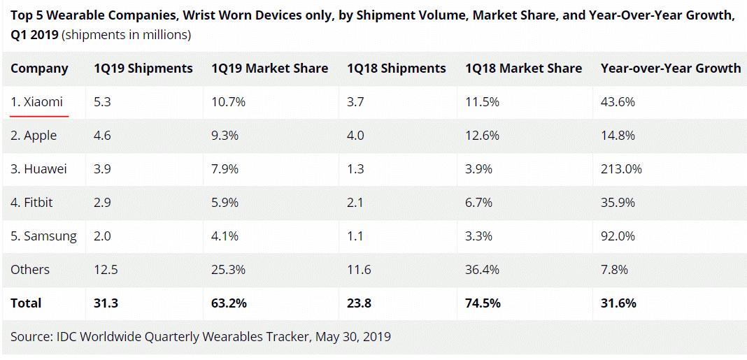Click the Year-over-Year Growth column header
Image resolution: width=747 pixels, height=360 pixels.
pos(670,68)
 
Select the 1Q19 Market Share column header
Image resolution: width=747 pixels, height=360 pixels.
pos(269,68)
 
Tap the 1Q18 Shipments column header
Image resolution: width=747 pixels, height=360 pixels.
pos(396,68)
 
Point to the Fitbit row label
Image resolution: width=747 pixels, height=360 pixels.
pos(31,202)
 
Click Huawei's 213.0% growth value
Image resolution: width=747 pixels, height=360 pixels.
pos(621,168)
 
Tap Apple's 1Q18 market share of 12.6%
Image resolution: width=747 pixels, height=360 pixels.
pos(482,135)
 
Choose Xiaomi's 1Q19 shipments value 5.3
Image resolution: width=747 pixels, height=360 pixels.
pos(102,101)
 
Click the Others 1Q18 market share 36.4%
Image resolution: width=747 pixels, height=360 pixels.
pos(482,269)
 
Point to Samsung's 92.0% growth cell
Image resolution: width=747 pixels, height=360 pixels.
pos(618,236)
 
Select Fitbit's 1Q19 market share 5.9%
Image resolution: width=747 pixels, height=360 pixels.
pos(225,202)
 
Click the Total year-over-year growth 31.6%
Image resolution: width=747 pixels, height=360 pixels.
pos(618,303)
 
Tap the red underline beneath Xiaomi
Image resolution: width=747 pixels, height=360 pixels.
pos(39,114)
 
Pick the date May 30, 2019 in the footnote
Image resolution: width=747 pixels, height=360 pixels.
pos(353,336)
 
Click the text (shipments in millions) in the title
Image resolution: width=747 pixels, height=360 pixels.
pos(126,34)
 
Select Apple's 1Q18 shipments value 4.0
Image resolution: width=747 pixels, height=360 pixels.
pos(355,135)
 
